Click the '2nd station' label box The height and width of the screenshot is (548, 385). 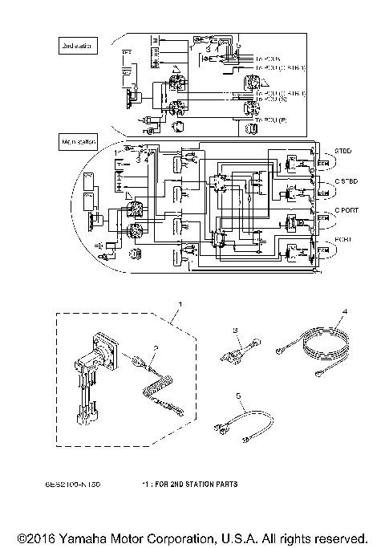[x=78, y=47]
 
